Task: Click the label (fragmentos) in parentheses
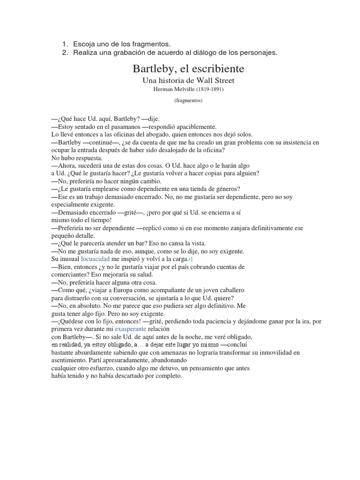point(188,100)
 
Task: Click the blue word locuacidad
point(95,259)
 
